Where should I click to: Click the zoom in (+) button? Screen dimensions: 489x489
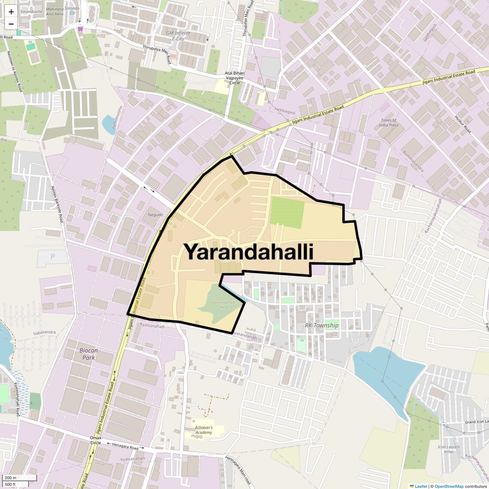(x=11, y=12)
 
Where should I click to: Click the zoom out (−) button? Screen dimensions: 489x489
(x=11, y=24)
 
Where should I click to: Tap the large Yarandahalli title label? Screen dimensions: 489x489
(x=248, y=252)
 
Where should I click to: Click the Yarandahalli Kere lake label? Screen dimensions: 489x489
(x=224, y=305)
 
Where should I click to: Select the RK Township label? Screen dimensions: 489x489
(x=322, y=325)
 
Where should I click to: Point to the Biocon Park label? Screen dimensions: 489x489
(x=88, y=354)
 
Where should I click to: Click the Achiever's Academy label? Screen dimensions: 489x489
(x=204, y=430)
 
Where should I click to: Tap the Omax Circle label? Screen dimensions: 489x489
(x=95, y=440)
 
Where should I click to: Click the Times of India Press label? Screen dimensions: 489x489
(x=389, y=123)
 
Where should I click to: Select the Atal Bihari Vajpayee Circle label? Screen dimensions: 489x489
(x=235, y=78)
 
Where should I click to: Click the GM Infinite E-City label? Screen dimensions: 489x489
(x=178, y=36)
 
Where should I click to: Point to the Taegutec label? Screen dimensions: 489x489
(x=155, y=214)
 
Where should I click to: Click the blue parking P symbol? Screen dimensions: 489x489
(x=53, y=257)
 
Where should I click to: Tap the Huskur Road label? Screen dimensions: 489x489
(x=463, y=124)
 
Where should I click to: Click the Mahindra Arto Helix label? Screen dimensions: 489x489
(x=55, y=11)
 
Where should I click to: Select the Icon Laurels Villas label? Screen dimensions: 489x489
(x=449, y=449)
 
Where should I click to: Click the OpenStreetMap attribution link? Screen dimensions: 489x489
(x=449, y=486)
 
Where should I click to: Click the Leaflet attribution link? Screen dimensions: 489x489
(x=420, y=486)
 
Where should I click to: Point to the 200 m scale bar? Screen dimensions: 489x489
(x=20, y=478)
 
